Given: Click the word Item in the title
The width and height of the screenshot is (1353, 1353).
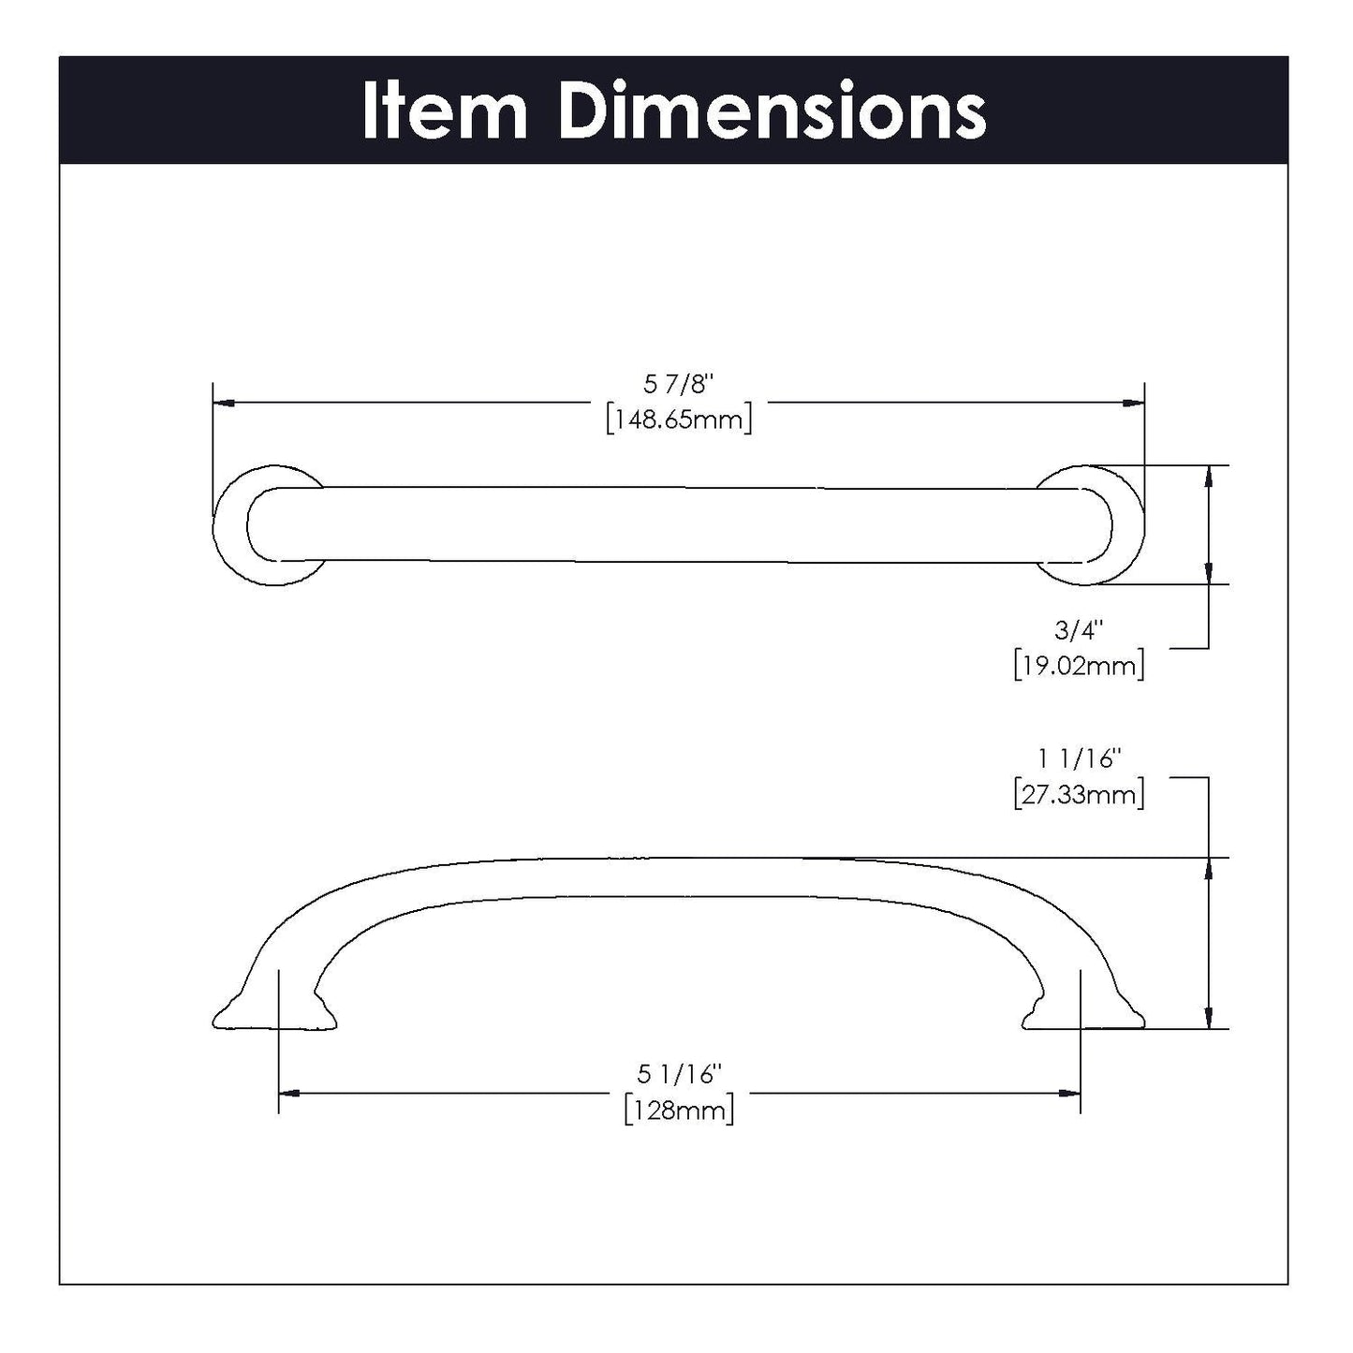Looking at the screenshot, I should click(445, 111).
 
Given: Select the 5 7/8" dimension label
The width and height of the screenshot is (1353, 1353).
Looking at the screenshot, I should click(679, 384).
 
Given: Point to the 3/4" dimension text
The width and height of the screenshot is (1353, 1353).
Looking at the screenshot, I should click(1080, 630).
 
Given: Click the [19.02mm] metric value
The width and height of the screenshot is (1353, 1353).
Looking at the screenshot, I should click(1079, 666).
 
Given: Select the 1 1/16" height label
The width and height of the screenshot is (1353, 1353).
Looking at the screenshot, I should click(1079, 759).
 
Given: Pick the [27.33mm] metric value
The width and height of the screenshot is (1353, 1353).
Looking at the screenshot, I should click(1079, 795).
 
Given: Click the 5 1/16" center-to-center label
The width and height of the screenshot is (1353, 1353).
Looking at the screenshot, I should click(679, 1074).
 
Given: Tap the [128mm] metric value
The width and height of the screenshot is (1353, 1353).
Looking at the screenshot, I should click(679, 1110).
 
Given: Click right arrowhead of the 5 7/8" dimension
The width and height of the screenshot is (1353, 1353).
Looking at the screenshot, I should click(1133, 403).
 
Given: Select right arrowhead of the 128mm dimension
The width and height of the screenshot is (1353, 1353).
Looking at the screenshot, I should click(1069, 1093).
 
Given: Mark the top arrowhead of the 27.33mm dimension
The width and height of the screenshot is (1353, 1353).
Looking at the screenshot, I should click(1210, 868).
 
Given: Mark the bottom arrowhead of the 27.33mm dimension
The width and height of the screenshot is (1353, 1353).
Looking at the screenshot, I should click(1210, 1019).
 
